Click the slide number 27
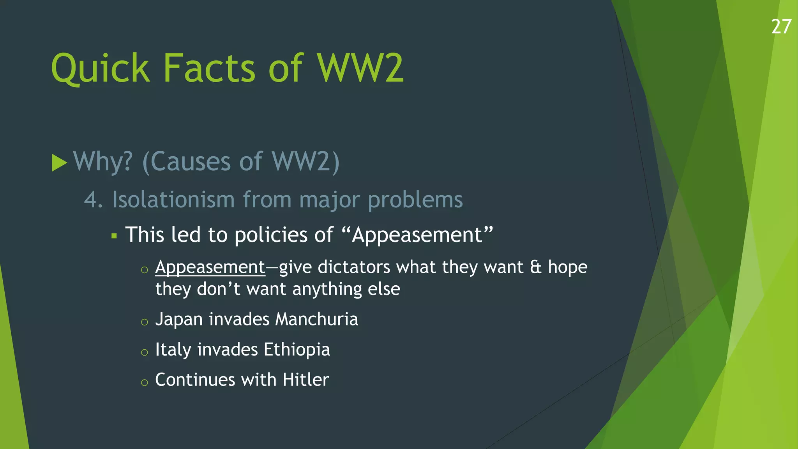point(781,27)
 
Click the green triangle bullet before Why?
point(59,163)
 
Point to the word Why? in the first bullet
point(103,161)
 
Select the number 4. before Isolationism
point(94,200)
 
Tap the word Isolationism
point(173,200)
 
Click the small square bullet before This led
point(114,236)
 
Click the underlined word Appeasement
point(210,267)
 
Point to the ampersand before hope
point(536,267)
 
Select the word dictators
point(354,267)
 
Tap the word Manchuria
point(316,319)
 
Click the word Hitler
point(306,380)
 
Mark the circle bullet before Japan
point(145,322)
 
